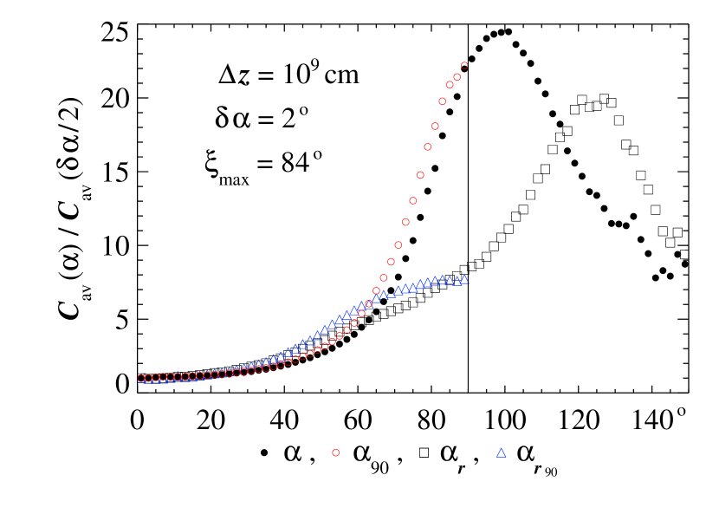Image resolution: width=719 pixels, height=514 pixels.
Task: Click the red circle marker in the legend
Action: (335, 452)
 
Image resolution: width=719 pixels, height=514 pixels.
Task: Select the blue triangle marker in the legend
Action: (501, 452)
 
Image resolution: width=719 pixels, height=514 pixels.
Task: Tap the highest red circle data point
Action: (464, 65)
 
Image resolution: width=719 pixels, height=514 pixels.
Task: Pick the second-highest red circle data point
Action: (457, 77)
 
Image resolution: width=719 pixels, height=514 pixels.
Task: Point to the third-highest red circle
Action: (450, 85)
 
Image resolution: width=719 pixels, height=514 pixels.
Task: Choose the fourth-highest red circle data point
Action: (442, 101)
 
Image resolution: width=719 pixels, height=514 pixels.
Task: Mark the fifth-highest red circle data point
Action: (435, 126)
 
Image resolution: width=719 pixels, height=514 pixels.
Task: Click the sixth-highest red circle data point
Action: (427, 146)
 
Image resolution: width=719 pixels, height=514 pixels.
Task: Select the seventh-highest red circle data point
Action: (420, 175)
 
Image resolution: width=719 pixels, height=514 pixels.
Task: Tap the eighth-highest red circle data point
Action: (412, 200)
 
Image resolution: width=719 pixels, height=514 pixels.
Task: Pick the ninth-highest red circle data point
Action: (405, 222)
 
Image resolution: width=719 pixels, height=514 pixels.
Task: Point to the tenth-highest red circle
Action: (398, 244)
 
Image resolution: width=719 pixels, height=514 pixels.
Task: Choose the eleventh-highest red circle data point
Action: (391, 261)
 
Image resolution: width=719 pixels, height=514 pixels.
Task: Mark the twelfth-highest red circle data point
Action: (383, 277)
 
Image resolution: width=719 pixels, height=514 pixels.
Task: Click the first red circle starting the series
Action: (141, 378)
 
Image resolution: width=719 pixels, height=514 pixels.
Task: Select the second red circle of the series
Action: (148, 378)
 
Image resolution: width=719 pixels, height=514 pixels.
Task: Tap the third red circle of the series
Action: (156, 378)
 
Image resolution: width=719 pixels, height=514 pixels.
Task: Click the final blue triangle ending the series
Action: (464, 280)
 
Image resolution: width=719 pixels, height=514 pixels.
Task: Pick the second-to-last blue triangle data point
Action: (457, 281)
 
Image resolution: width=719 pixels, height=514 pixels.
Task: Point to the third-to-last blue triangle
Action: (450, 281)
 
